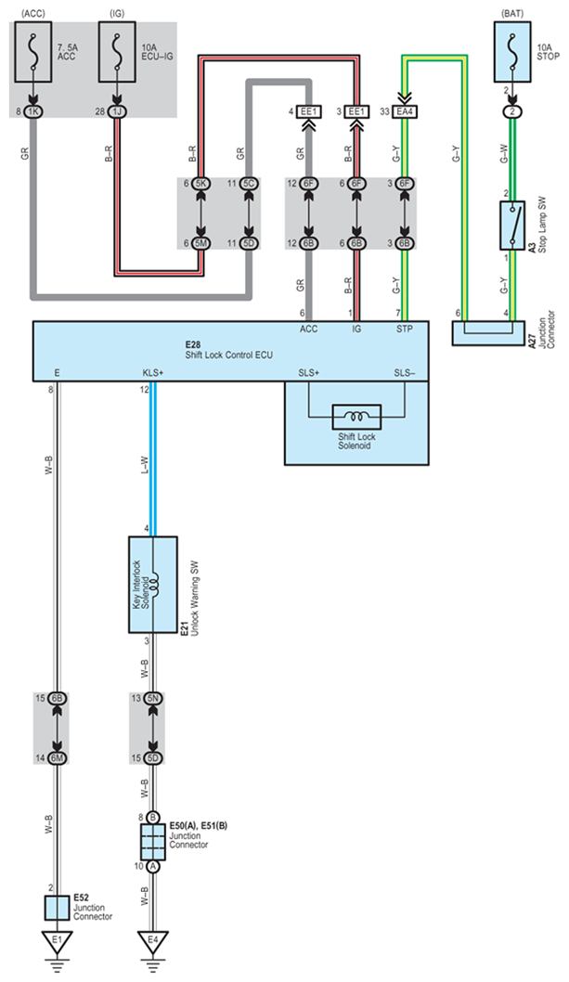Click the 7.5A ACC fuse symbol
pos(33,52)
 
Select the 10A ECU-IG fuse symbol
pos(117,52)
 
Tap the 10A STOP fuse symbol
pos(512,52)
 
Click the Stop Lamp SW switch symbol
pos(512,226)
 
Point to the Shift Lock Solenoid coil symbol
pos(356,417)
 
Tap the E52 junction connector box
pos(57,908)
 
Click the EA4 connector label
pos(405,111)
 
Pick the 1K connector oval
pos(33,111)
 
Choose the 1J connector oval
pos(117,111)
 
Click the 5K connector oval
pos(201,184)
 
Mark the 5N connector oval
pos(153,698)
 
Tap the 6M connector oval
pos(57,758)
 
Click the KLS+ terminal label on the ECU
pos(153,372)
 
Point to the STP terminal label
pos(405,329)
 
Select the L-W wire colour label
pos(144,464)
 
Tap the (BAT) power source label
pos(512,13)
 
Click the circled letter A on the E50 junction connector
pos(153,867)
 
